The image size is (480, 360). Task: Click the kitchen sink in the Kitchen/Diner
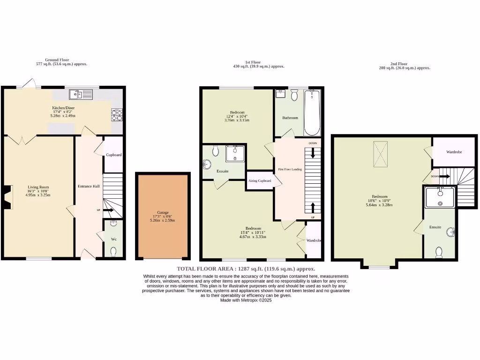pyautogui.click(x=81, y=95)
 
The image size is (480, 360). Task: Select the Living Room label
pyautogui.click(x=38, y=187)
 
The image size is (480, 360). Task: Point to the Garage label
pyautogui.click(x=162, y=212)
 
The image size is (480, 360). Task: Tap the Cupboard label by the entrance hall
pyautogui.click(x=113, y=155)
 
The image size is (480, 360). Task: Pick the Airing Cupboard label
pyautogui.click(x=260, y=180)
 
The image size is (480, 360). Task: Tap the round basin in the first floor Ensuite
pyautogui.click(x=208, y=165)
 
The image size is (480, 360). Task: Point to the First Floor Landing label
pyautogui.click(x=290, y=169)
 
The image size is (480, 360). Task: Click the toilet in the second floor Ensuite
pyautogui.click(x=439, y=253)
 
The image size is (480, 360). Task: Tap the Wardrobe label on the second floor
pyautogui.click(x=454, y=152)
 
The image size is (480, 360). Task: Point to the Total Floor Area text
pyautogui.click(x=246, y=269)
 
